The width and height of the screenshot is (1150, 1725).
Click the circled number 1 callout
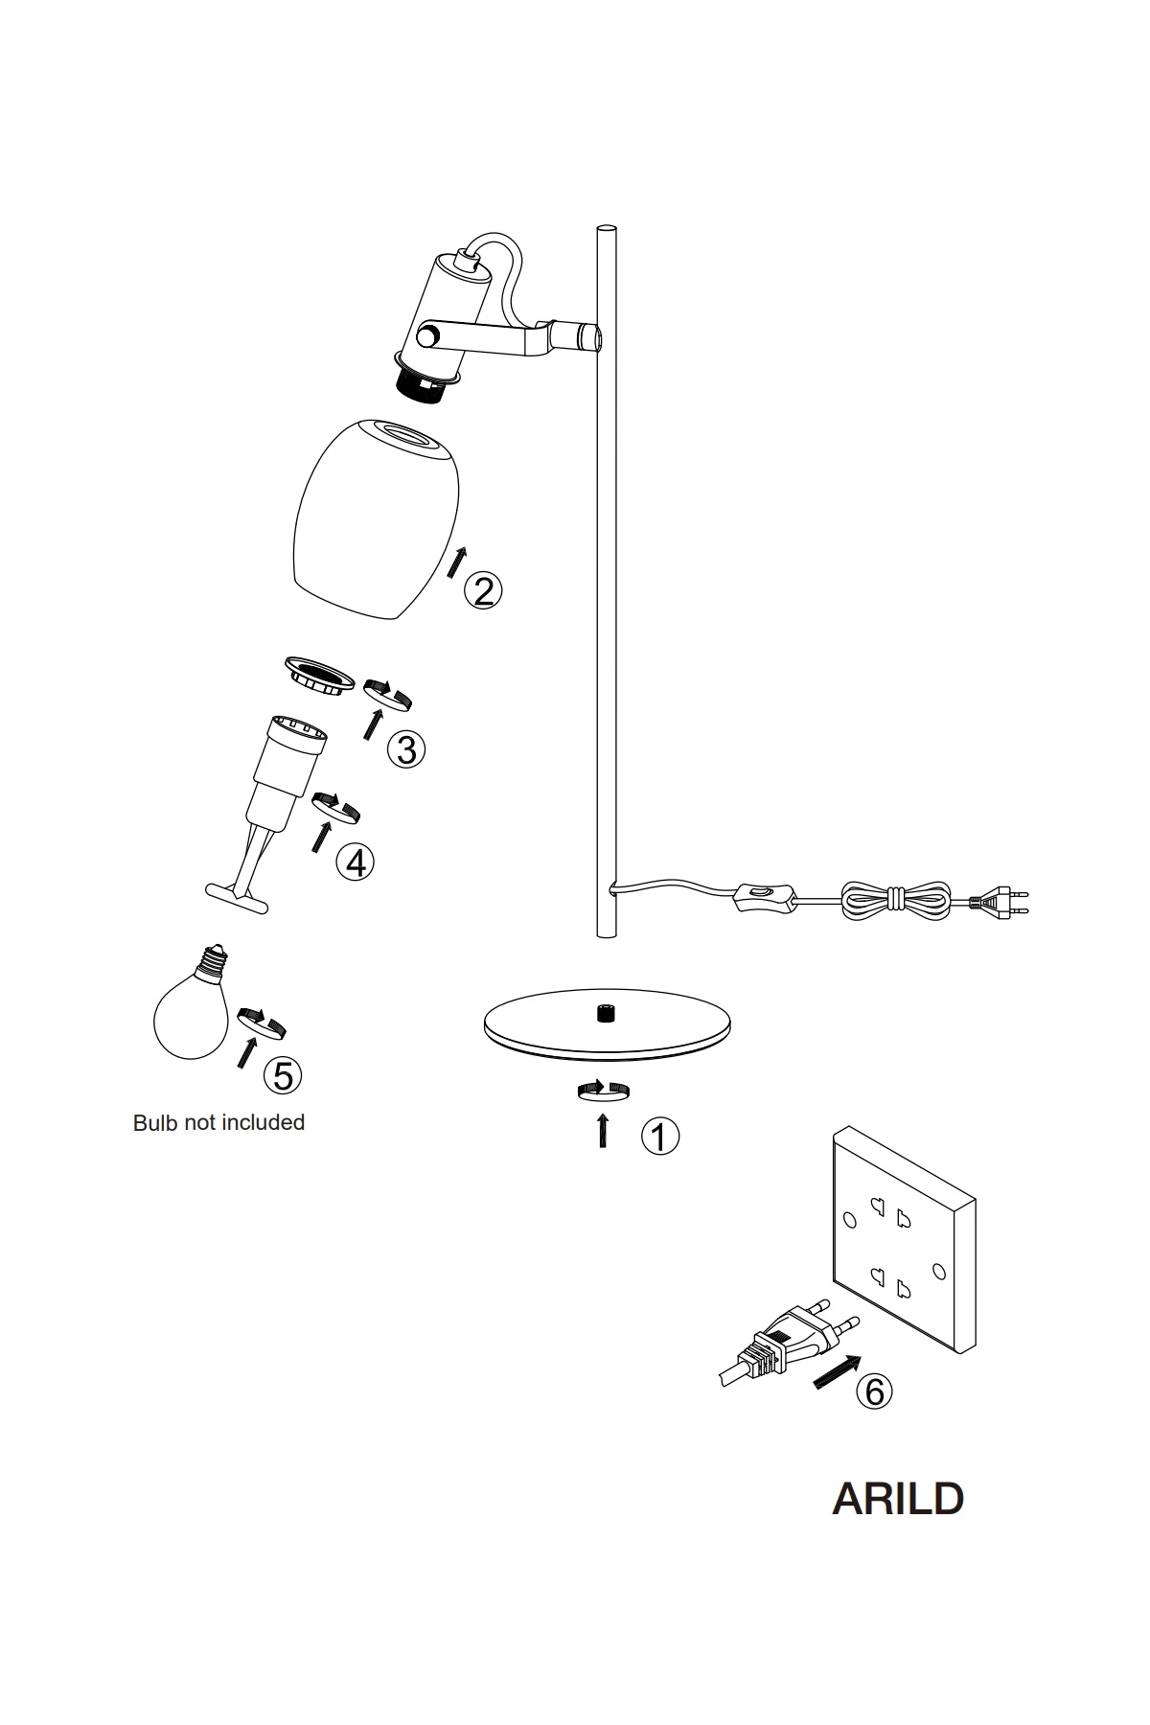tap(660, 1136)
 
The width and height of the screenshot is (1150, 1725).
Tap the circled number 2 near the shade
tap(483, 590)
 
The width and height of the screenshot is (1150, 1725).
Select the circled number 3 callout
tap(406, 749)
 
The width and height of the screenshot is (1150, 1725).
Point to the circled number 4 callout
tap(356, 862)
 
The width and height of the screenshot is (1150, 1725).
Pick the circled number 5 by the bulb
tap(283, 1075)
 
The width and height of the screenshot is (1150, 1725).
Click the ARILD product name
tap(898, 1499)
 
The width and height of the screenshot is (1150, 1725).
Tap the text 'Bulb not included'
tap(218, 1122)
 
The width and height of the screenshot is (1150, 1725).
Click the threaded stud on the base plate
tap(605, 1014)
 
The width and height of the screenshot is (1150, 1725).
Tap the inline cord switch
tap(767, 898)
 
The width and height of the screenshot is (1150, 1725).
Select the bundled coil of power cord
tap(897, 899)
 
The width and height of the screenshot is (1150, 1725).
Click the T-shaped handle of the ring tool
tap(237, 898)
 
